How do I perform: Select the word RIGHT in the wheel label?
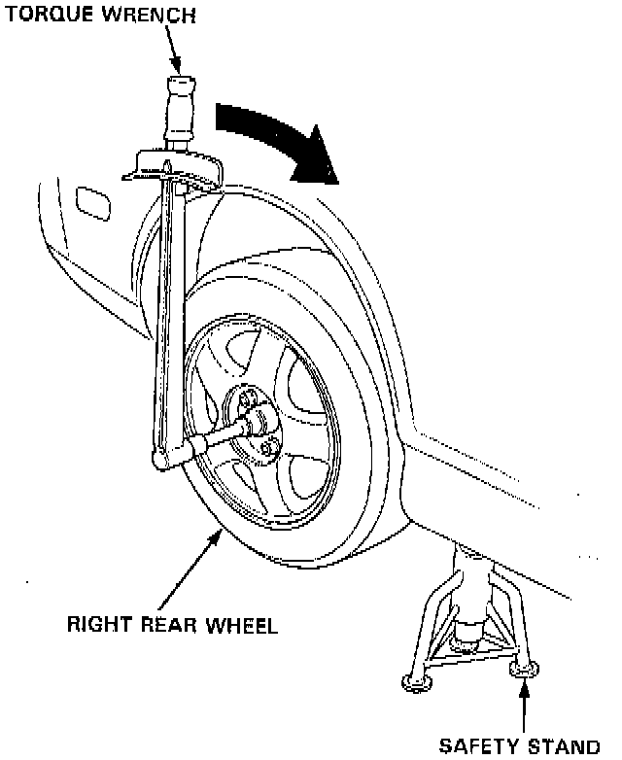92,624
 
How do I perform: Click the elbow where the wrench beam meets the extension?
162,456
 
